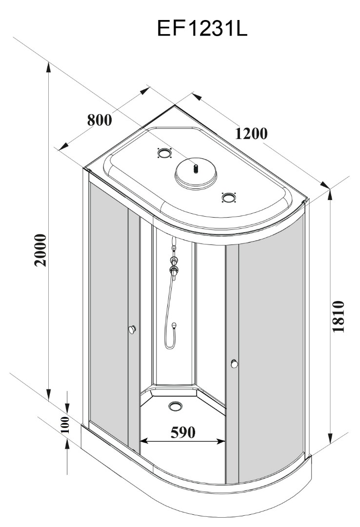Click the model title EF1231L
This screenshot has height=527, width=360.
tap(202, 29)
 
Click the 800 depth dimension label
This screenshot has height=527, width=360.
tap(100, 120)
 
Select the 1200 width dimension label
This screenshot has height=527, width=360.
tap(251, 133)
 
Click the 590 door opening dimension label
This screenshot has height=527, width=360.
tap(183, 432)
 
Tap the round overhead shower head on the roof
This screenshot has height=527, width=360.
tap(195, 174)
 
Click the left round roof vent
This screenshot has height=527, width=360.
tap(165, 154)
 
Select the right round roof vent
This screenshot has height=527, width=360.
tap(228, 197)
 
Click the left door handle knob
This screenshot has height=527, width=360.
tap(131, 330)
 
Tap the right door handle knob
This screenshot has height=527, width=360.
tap(235, 364)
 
